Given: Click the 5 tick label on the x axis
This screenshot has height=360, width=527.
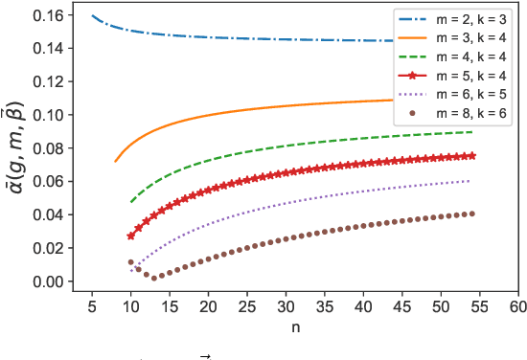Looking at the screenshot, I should coord(92,309).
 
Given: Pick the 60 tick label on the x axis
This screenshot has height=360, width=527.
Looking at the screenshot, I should coord(517,309).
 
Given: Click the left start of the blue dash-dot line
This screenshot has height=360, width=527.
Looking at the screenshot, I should coord(92,16).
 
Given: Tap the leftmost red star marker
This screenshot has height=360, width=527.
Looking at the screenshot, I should coord(131,236).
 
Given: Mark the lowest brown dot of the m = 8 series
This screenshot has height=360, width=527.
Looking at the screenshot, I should coord(153,278).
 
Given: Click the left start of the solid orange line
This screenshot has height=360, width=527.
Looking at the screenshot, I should coord(115,161).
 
